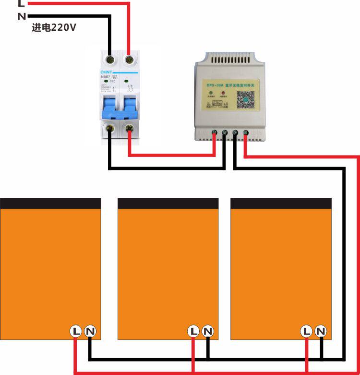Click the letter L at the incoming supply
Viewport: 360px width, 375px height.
(21, 3)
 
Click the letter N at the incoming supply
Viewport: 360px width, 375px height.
(21, 16)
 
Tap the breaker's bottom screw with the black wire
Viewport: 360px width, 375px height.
(110, 128)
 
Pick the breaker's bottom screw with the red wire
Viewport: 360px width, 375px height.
(129, 128)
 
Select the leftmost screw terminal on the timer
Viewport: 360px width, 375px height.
(214, 133)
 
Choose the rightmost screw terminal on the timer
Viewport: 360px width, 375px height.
(245, 133)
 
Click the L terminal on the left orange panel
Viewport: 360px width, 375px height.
(76, 331)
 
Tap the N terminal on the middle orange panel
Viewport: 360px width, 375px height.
(208, 331)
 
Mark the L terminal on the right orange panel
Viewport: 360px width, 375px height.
(306, 331)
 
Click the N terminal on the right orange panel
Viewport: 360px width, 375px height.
(321, 331)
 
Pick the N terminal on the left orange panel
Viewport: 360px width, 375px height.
(90, 331)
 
